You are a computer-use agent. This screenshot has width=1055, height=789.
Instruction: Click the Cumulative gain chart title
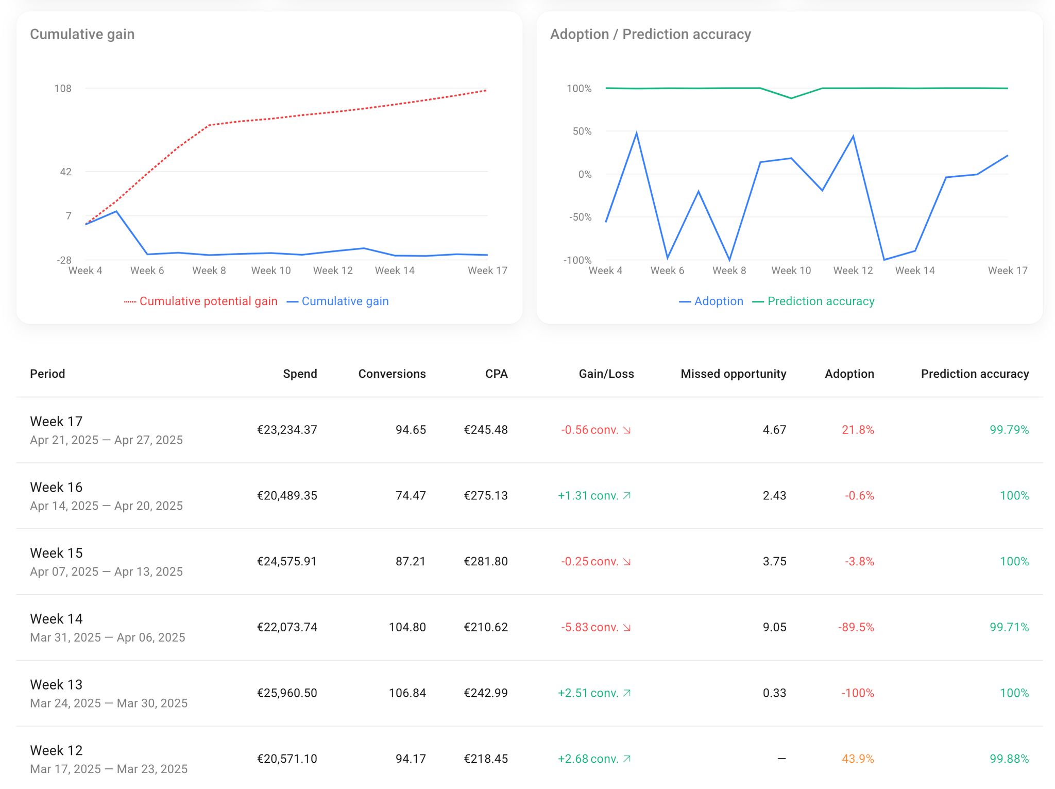click(82, 34)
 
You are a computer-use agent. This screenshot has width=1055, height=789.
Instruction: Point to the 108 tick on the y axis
click(63, 89)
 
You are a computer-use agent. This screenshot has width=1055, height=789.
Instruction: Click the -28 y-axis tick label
click(64, 260)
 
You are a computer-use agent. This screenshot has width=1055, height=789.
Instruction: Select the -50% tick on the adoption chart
click(580, 217)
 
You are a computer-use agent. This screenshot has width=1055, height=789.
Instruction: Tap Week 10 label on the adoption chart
click(791, 271)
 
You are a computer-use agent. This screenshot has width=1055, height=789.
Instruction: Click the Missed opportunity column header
click(733, 374)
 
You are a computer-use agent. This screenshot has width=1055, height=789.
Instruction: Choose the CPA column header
click(496, 374)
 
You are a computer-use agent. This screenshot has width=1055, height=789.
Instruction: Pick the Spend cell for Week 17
click(287, 430)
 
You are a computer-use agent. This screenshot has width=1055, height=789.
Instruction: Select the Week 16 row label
click(56, 487)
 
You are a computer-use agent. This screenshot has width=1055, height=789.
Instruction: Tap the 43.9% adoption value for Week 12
click(858, 759)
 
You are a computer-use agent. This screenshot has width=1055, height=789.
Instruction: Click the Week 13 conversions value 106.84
click(407, 693)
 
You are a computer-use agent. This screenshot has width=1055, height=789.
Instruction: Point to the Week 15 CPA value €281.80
click(485, 561)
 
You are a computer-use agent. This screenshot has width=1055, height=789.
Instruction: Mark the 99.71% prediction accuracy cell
click(1009, 627)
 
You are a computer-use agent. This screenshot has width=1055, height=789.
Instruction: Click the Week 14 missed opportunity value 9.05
click(774, 627)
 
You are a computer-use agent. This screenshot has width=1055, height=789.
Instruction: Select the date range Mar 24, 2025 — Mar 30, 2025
click(109, 703)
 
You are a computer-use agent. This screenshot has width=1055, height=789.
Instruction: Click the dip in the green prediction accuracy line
click(791, 98)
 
